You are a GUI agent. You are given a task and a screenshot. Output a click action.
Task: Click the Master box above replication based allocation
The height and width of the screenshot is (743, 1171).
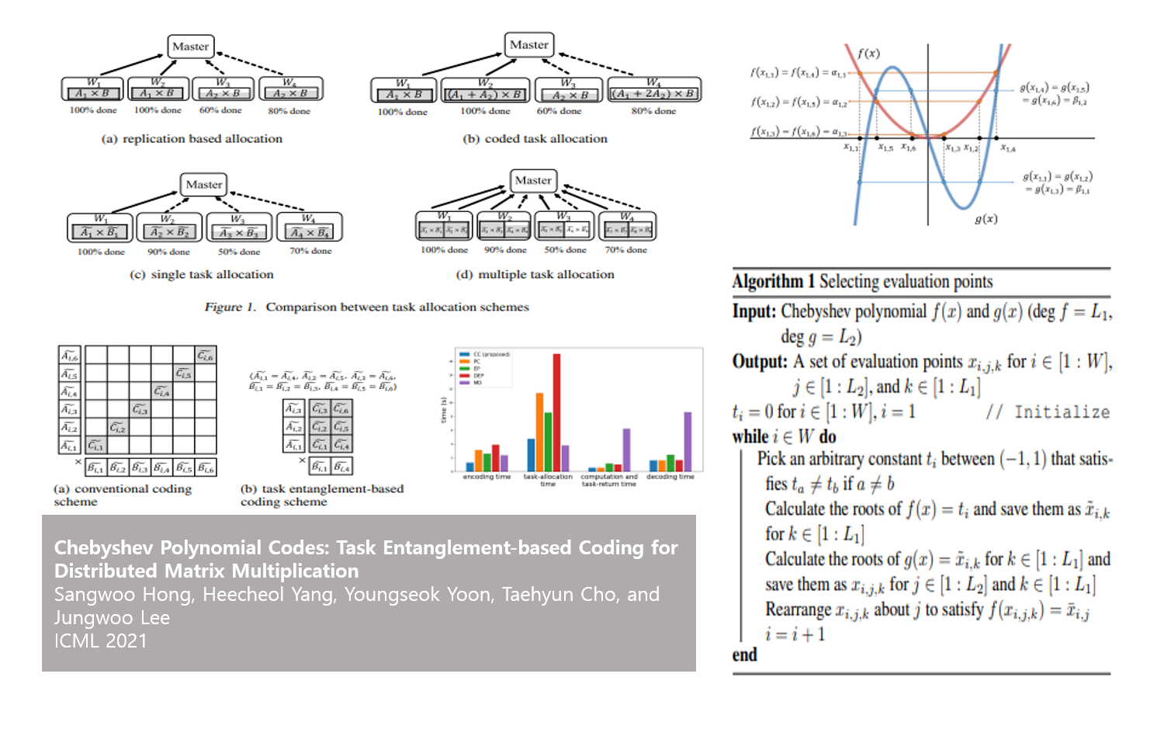coord(190,47)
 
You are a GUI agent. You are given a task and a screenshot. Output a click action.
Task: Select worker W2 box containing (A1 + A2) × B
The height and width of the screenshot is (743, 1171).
coord(485,91)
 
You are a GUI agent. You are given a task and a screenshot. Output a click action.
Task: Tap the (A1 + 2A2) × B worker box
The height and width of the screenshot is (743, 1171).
coord(653,91)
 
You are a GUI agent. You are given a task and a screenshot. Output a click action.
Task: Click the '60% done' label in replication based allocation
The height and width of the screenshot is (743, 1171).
coord(220,110)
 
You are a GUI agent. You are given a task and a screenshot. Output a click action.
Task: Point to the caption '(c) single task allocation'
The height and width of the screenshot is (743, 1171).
coord(201,274)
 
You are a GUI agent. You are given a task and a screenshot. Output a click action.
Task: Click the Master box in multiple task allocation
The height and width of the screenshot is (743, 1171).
coord(533,181)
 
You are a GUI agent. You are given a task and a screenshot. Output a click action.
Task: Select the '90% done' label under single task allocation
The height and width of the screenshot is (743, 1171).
coord(168,252)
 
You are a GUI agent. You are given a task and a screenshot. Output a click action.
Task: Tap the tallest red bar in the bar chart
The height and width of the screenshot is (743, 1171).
coord(556,411)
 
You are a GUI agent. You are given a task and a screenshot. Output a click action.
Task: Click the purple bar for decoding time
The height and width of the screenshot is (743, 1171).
coord(688,441)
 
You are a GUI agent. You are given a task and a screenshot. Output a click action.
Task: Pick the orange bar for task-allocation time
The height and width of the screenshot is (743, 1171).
coord(539,432)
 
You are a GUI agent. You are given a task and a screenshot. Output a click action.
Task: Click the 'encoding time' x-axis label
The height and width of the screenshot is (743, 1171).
coord(487,477)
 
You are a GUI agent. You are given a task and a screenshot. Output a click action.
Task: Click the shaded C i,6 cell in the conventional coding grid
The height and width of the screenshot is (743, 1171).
coord(206,356)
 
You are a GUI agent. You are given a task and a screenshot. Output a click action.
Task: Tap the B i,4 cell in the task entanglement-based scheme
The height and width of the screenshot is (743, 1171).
coord(341,467)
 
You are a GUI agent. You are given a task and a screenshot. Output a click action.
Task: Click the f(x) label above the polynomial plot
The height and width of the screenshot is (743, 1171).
coord(868,54)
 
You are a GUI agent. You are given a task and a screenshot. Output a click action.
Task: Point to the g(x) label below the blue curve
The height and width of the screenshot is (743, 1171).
coord(986,219)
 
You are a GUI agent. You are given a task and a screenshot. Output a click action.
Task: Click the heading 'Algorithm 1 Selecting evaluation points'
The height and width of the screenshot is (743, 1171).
coord(862,281)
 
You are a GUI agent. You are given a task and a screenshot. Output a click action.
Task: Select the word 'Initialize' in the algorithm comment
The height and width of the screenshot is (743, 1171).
coord(1062,412)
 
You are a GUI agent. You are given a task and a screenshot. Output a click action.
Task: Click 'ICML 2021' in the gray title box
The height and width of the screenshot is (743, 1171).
coord(100,641)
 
